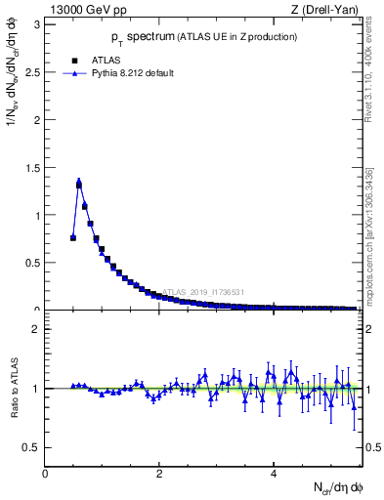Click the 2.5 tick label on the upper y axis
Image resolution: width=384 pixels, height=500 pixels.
(x=33, y=71)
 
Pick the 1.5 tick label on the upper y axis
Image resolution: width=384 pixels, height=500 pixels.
(x=33, y=167)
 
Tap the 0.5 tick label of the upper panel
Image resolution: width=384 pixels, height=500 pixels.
(x=33, y=263)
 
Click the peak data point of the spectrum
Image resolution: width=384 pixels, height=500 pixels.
(x=79, y=183)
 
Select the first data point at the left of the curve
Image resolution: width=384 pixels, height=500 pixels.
(x=73, y=237)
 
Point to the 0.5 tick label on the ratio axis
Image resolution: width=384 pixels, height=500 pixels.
(x=33, y=447)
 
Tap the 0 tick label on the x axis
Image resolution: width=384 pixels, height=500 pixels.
(x=45, y=474)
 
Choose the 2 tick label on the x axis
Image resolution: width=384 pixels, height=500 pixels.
(x=159, y=474)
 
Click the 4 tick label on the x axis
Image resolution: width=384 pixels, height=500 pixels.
(x=274, y=474)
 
